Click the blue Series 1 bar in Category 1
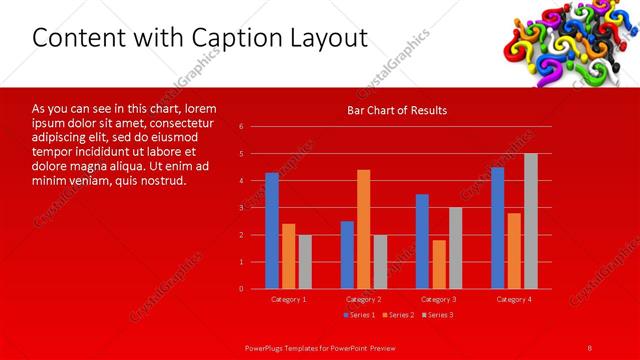272,231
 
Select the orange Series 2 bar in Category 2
363,229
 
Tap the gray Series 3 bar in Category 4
530,221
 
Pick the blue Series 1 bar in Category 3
422,241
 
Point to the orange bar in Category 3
438,264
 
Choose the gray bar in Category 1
305,261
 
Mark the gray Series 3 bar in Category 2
380,261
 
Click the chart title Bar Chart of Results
397,110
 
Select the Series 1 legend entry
360,315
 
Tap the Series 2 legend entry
397,315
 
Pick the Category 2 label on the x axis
363,299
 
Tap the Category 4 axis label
513,299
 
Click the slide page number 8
590,347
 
